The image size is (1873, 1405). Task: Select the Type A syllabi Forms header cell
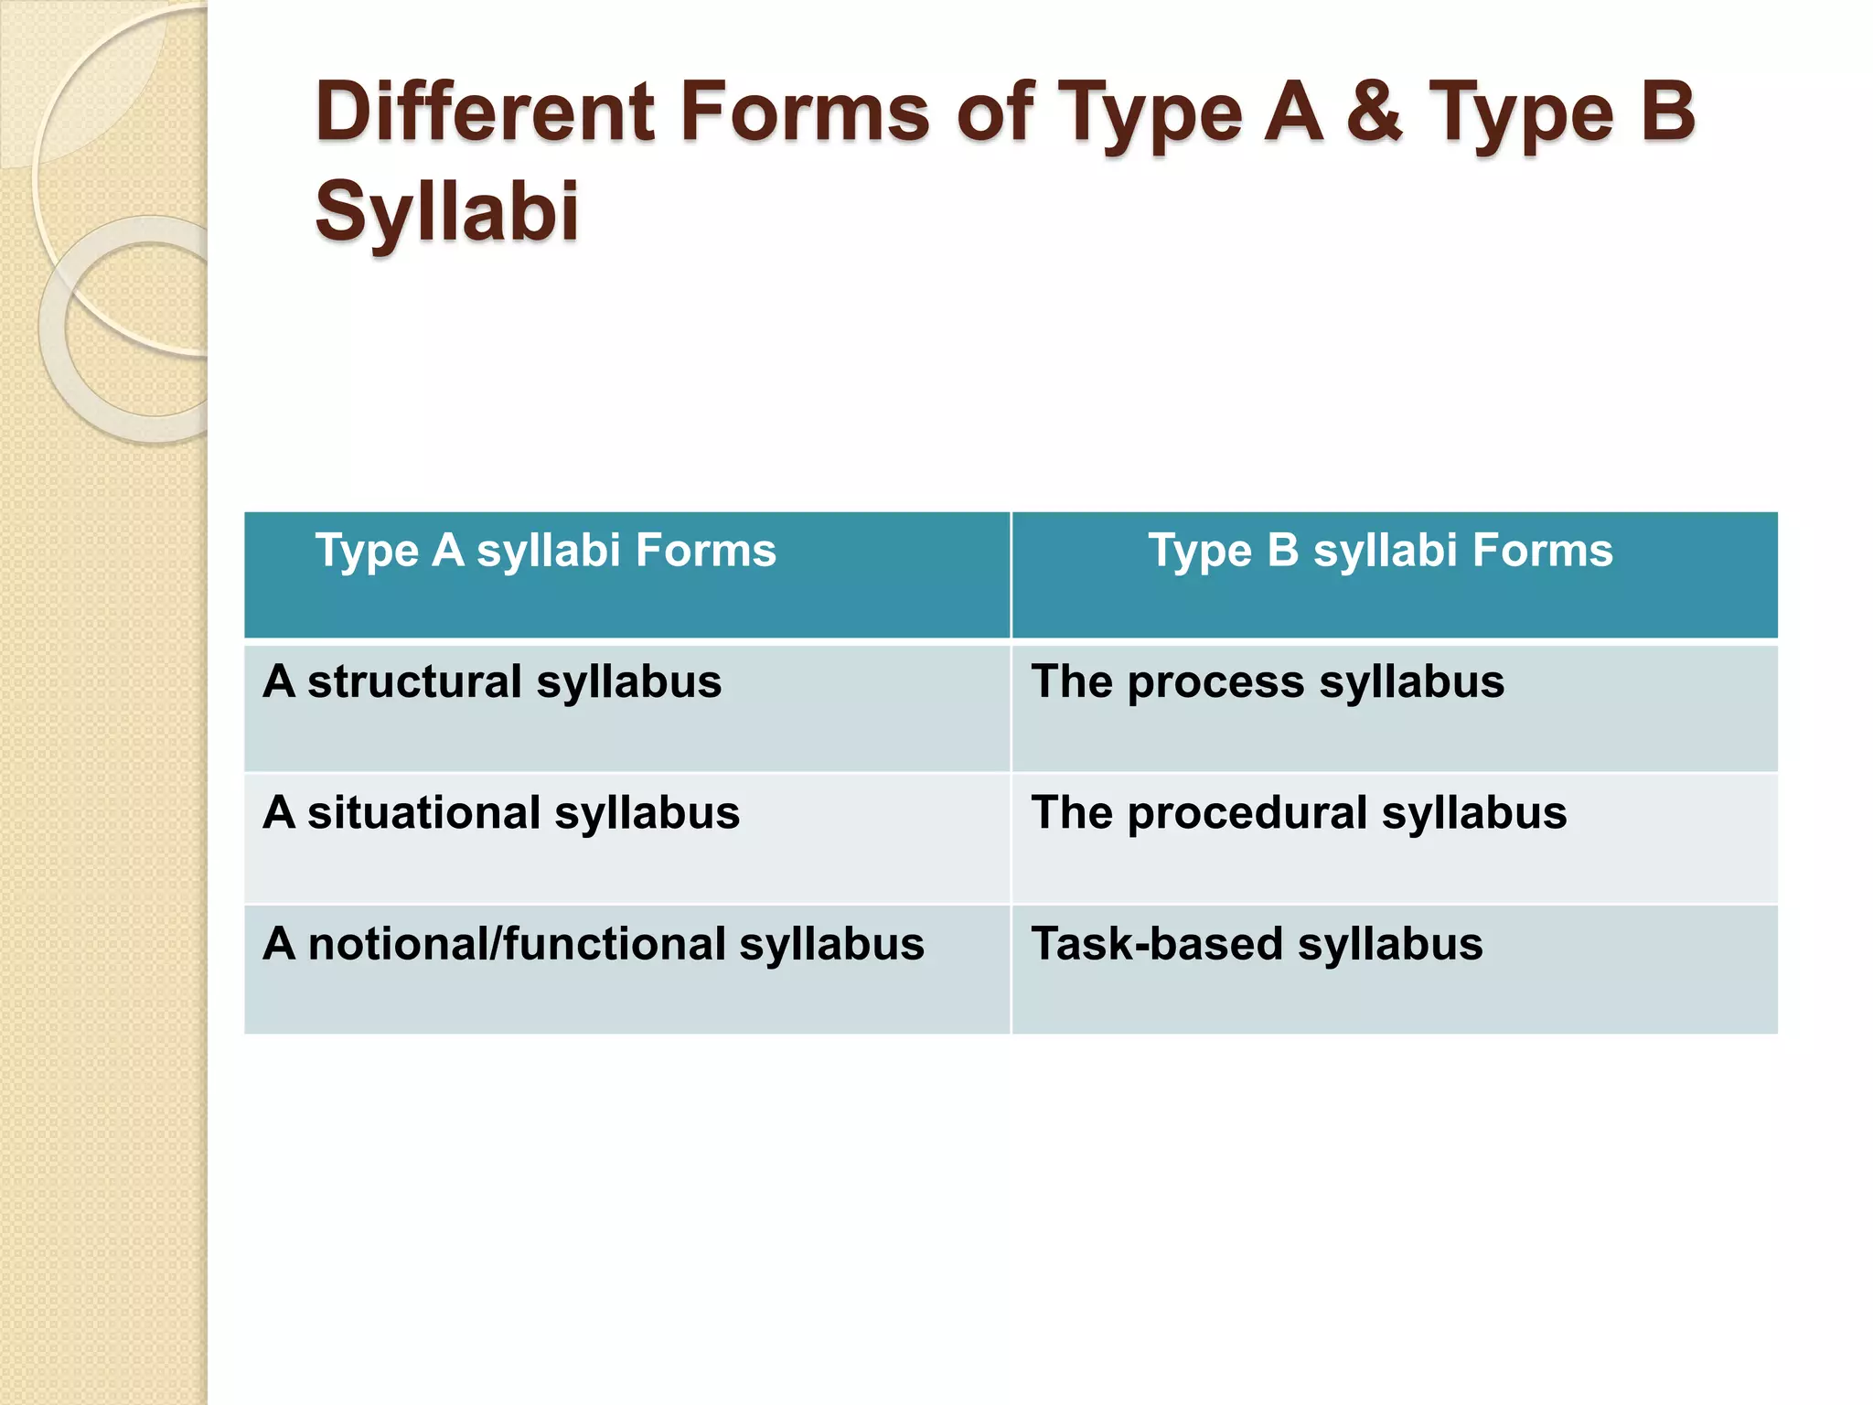click(626, 574)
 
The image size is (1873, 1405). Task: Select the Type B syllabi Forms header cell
click(1394, 574)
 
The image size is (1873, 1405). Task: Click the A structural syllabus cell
click(626, 707)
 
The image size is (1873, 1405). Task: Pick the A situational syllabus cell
click(626, 838)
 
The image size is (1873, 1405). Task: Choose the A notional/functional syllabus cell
click(626, 969)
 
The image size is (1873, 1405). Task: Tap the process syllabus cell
click(1394, 707)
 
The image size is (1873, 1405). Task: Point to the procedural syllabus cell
click(1394, 838)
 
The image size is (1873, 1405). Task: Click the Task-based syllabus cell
click(1394, 969)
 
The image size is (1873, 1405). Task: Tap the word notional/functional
click(516, 945)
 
